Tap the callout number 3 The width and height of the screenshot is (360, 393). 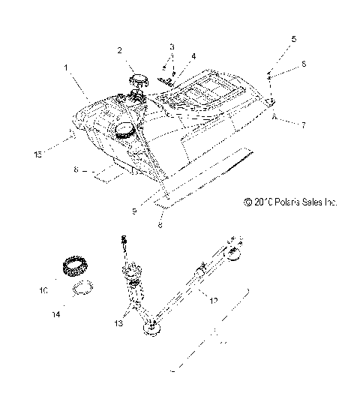click(x=172, y=47)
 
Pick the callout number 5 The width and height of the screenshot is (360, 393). click(x=293, y=37)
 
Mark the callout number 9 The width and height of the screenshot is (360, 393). click(x=134, y=211)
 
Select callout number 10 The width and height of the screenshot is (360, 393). click(x=43, y=287)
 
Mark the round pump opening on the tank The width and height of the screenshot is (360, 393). click(x=122, y=132)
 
